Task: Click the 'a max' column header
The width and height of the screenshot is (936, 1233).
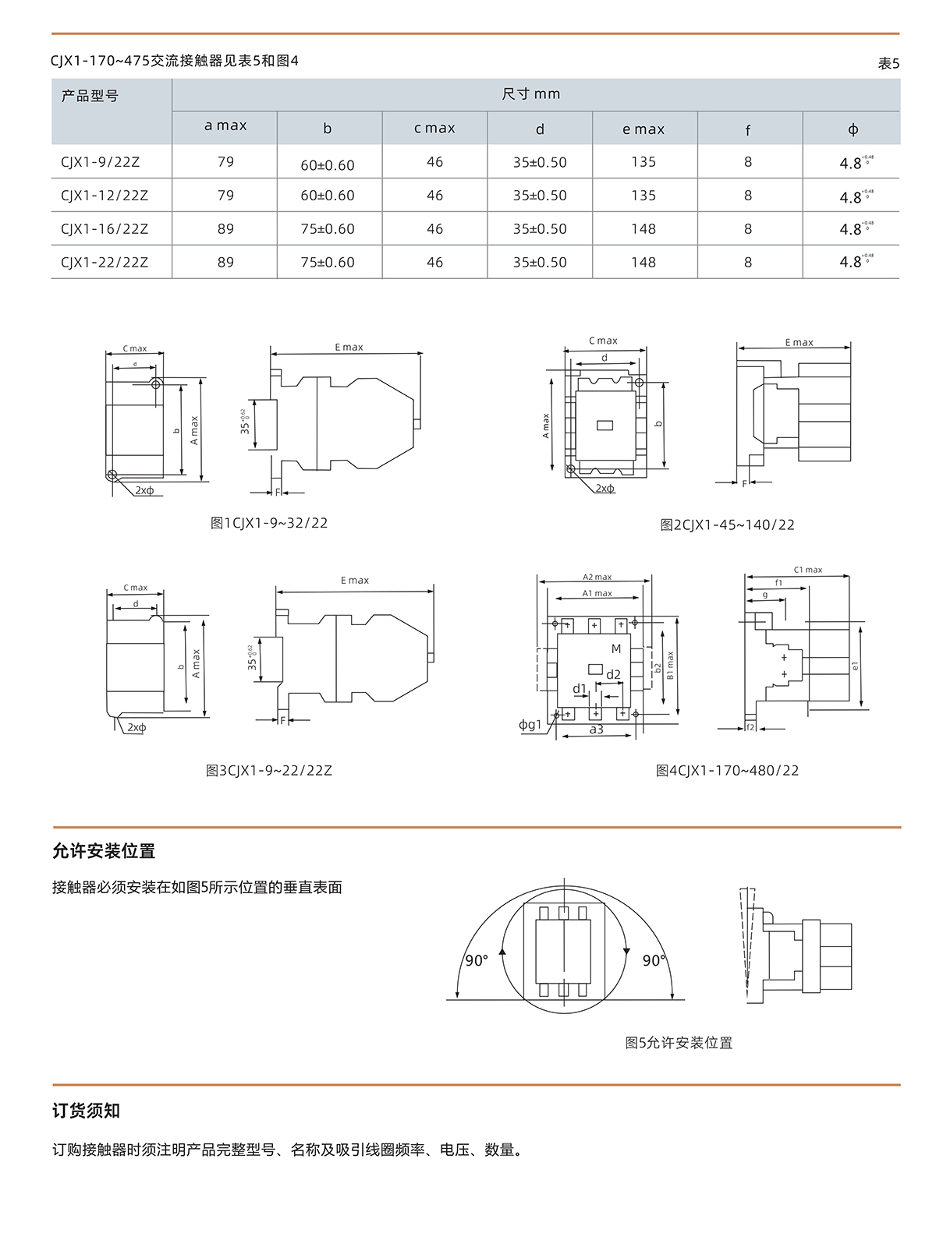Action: tap(225, 125)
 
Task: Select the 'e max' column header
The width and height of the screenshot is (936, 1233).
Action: tap(643, 129)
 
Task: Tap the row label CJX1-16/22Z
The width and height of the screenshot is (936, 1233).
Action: tap(105, 229)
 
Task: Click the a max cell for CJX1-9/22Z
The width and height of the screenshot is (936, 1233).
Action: tap(225, 162)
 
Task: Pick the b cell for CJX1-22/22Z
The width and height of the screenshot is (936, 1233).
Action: tap(328, 263)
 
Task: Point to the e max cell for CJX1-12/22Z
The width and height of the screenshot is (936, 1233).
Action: tap(643, 196)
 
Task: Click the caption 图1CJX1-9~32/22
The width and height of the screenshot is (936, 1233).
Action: tap(269, 523)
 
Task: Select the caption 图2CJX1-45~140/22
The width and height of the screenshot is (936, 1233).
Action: tap(727, 525)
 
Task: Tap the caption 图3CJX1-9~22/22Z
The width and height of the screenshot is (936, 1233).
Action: tap(269, 771)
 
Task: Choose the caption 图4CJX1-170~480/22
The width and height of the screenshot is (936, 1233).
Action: tap(727, 771)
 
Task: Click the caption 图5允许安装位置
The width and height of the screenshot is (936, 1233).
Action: tap(679, 1043)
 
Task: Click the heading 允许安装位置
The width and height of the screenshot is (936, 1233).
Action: tap(104, 851)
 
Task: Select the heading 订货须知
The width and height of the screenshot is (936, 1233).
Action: tap(86, 1111)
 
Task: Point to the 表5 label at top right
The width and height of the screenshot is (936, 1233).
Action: tap(888, 64)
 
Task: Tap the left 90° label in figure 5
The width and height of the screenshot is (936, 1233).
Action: tap(476, 961)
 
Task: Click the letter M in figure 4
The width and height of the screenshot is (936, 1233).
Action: tap(616, 648)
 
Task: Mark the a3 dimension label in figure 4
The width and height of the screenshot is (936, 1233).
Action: tap(597, 730)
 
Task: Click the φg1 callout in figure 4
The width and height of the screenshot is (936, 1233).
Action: tap(530, 725)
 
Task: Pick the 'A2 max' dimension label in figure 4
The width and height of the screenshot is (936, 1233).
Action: tap(597, 578)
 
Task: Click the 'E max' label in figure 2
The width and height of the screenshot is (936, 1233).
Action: tap(799, 342)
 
